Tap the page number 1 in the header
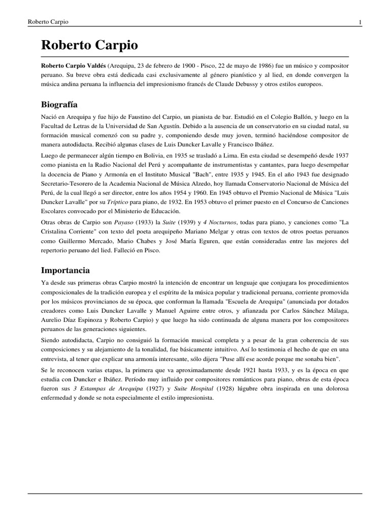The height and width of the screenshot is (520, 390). pyautogui.click(x=360, y=22)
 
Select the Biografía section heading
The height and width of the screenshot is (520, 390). pyautogui.click(x=59, y=105)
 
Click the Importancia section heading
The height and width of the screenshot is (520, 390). pyautogui.click(x=66, y=270)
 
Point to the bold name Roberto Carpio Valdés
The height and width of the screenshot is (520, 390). pyautogui.click(x=73, y=66)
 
